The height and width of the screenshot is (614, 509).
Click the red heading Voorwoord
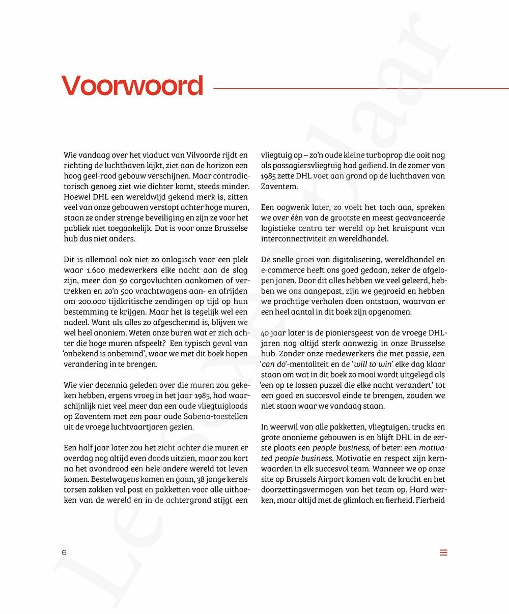[132, 86]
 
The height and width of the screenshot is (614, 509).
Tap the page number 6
[64, 552]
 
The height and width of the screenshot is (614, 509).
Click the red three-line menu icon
[443, 552]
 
